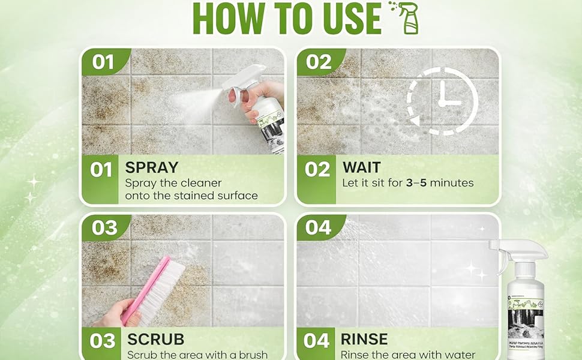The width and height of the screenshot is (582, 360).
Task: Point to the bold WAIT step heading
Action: point(362,167)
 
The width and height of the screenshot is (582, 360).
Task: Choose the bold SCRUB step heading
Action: point(155,339)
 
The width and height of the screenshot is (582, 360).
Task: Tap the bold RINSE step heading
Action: point(364,339)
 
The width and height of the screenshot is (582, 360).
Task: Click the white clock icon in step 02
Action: point(442,100)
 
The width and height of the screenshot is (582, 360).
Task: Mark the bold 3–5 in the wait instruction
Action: point(423,183)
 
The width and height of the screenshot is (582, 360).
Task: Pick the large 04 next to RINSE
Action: point(316,341)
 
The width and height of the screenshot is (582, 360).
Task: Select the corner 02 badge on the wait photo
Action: point(319,61)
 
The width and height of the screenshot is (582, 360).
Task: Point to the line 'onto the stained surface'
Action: point(191,196)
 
